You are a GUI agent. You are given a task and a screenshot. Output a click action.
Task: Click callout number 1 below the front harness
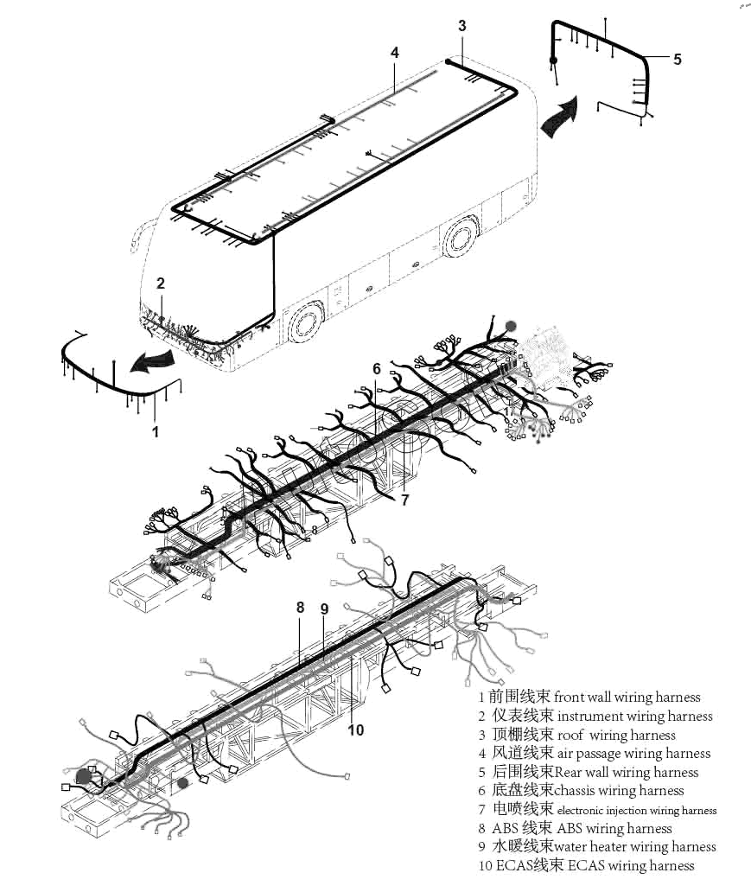point(156,430)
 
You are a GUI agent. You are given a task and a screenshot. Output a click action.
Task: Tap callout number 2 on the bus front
point(160,283)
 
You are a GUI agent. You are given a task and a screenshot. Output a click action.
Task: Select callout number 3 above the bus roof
point(462,26)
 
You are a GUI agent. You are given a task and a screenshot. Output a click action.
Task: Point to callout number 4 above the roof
point(395,53)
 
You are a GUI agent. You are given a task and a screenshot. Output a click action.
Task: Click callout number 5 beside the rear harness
point(677,59)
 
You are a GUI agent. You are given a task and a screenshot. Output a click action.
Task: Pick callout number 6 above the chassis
point(377,369)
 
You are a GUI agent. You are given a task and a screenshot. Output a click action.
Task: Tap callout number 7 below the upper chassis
point(404,500)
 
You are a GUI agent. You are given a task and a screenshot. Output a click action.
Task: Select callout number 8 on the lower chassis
point(301,608)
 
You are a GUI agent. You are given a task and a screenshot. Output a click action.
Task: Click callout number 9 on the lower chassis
point(324,608)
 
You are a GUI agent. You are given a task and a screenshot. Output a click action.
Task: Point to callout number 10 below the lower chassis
point(356,730)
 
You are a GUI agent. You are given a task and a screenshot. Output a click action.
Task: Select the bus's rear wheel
point(460,235)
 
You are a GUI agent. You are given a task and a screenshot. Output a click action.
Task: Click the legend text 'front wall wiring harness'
point(627,698)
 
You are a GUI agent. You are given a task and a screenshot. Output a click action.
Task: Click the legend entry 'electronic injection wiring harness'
point(637,811)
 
